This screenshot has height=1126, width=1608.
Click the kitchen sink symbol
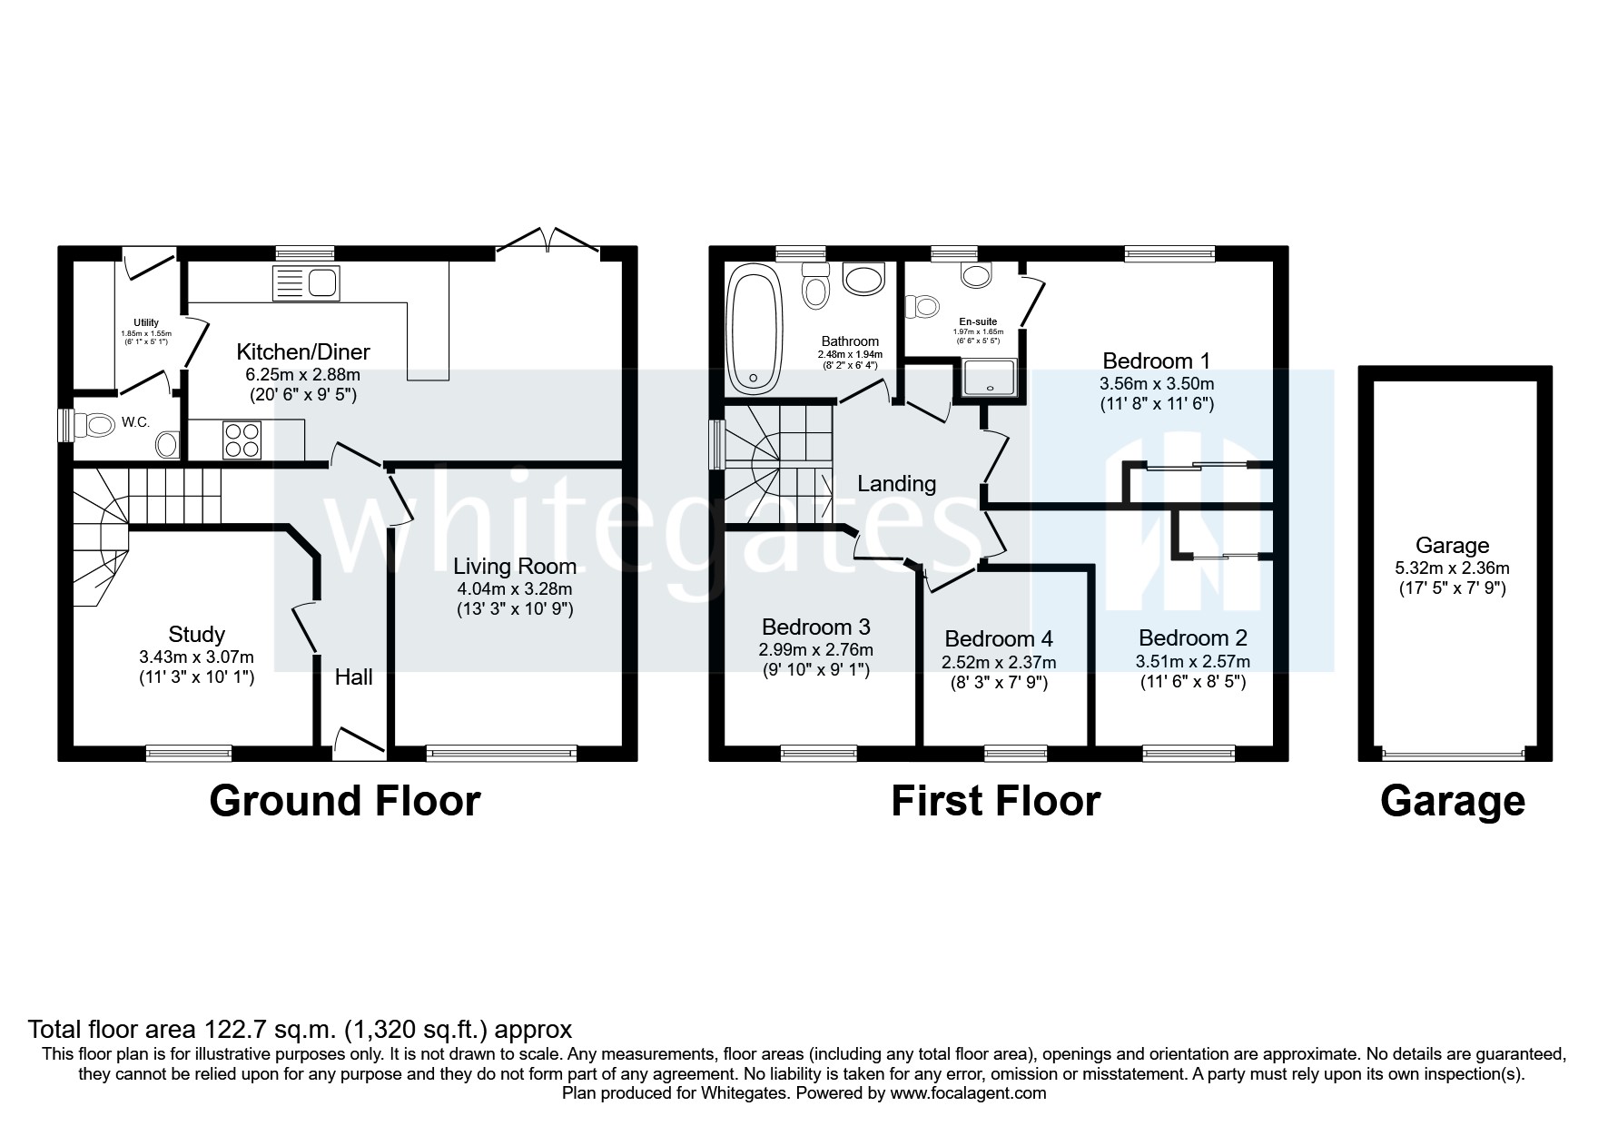click(305, 284)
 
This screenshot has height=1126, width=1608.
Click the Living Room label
click(515, 567)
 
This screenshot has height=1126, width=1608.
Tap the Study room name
click(196, 634)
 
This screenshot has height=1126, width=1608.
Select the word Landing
click(896, 483)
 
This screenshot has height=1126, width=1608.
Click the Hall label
click(353, 677)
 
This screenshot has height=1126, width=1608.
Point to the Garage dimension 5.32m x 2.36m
click(1451, 568)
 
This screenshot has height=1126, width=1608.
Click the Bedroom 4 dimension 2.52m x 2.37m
click(999, 662)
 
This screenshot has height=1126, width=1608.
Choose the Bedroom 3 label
click(815, 627)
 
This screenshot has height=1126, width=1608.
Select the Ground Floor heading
click(345, 801)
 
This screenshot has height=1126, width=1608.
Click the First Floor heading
click(995, 801)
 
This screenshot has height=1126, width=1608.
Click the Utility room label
click(146, 322)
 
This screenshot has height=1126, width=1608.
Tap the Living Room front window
click(501, 752)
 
